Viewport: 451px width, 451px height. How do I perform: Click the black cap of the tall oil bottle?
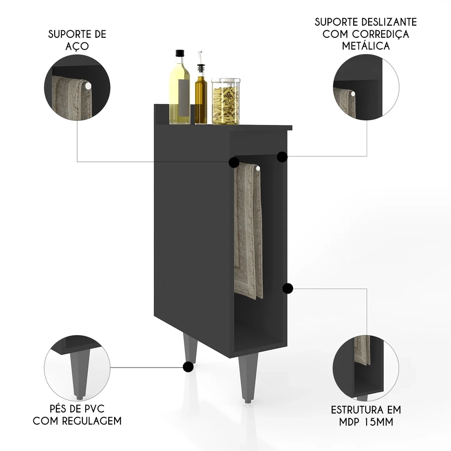(x=180, y=53)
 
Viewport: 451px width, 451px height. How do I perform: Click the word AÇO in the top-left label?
(x=77, y=46)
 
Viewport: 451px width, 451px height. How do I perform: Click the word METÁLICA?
(x=366, y=46)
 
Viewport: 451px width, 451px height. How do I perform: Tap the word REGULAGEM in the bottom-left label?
(x=92, y=421)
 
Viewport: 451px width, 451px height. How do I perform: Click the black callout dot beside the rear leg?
(x=188, y=367)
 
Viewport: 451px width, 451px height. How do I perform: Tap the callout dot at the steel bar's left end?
(x=234, y=162)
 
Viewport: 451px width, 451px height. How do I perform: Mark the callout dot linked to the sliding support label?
(x=282, y=157)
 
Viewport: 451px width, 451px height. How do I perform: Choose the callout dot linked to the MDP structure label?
(x=288, y=288)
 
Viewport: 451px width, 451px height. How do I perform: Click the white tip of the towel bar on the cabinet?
(x=258, y=168)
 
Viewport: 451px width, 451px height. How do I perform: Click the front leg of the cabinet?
(x=247, y=377)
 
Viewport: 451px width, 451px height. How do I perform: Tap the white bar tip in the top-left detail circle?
(x=88, y=85)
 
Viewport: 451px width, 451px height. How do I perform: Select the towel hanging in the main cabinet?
(x=248, y=230)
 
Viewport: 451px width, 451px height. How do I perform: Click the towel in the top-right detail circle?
(x=345, y=102)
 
